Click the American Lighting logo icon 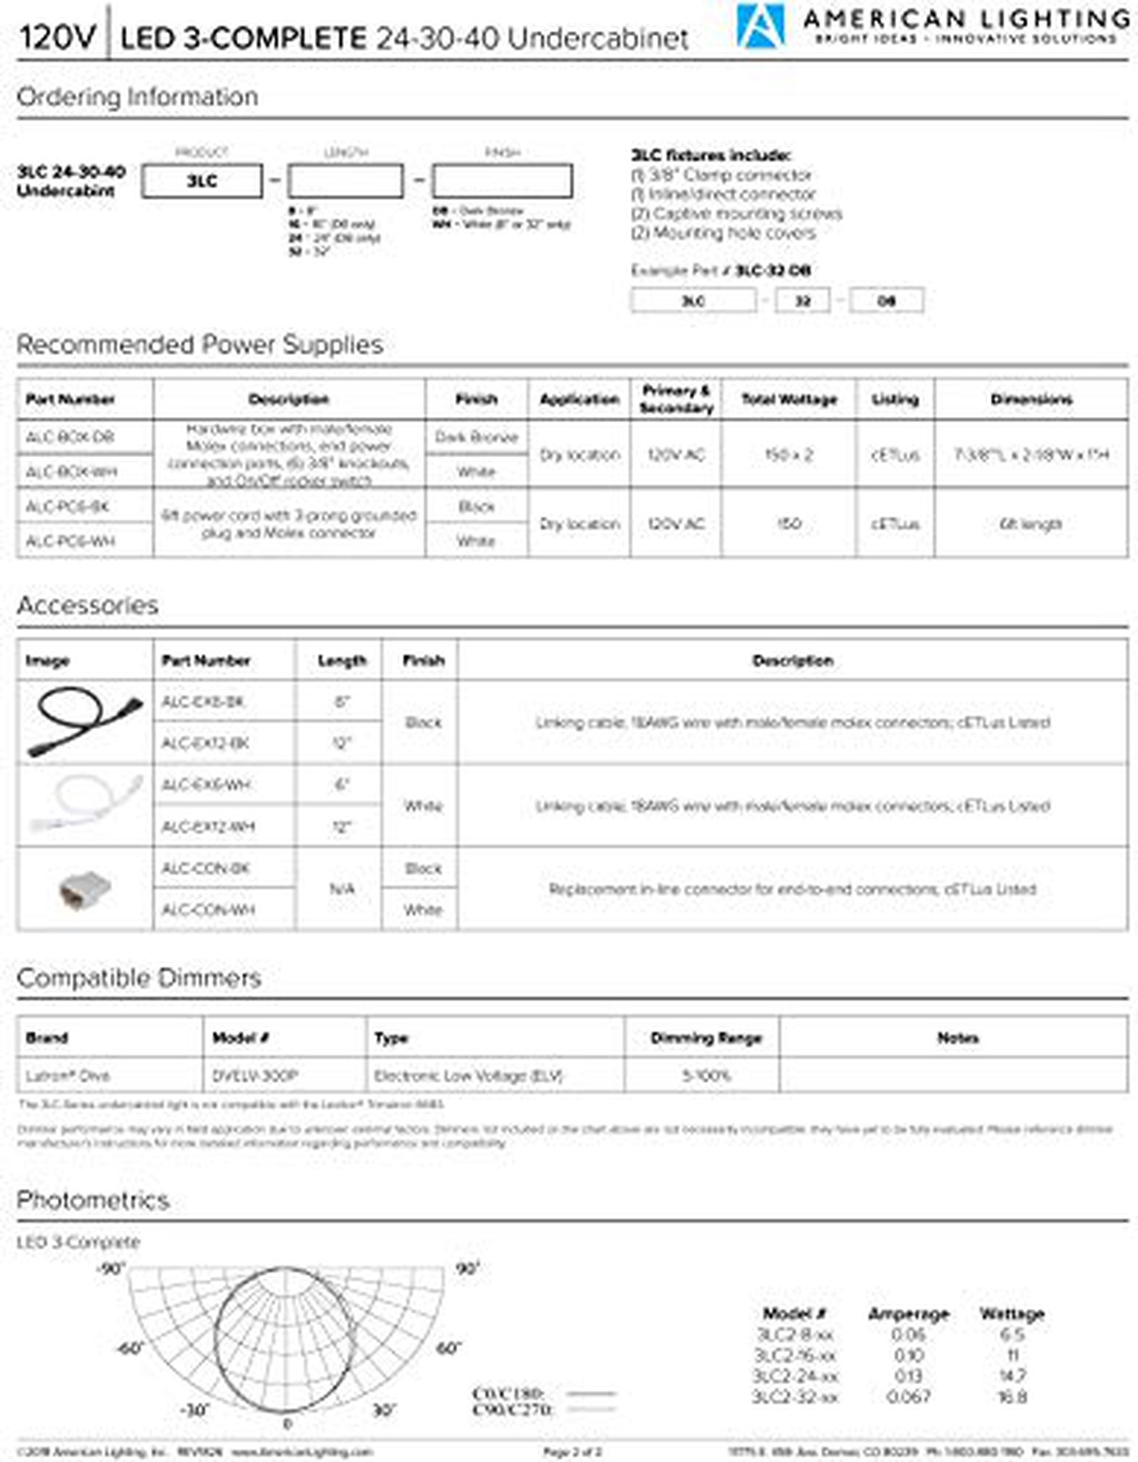click(x=761, y=27)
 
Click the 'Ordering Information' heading click(x=138, y=97)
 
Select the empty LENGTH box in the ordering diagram click(x=345, y=180)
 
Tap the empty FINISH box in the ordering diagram click(x=502, y=180)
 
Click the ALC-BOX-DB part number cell click(x=70, y=437)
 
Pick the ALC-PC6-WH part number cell click(x=70, y=540)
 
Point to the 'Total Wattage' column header click(x=789, y=399)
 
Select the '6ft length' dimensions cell click(x=1031, y=523)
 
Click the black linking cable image click(x=83, y=721)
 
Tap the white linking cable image click(x=83, y=804)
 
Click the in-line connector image click(x=83, y=889)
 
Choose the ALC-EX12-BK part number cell click(x=205, y=743)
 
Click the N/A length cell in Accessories click(x=341, y=888)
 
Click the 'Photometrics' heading click(x=93, y=1200)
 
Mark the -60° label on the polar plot click(x=129, y=1348)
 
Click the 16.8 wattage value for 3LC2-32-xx click(x=1012, y=1397)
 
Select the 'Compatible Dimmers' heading click(x=138, y=978)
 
